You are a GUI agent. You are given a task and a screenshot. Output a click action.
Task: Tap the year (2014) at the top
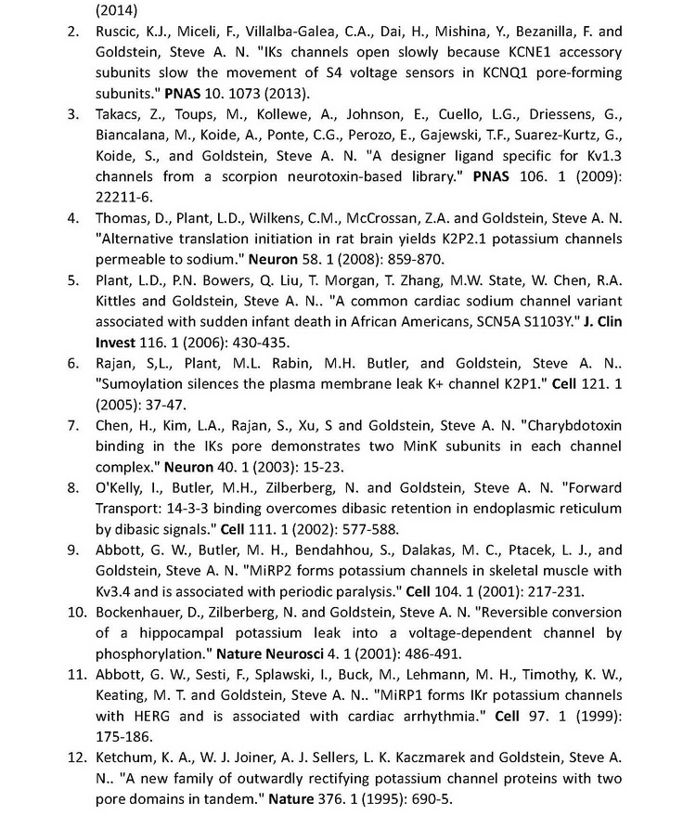click(x=117, y=11)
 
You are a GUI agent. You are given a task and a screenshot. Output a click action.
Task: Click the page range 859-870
click(x=416, y=259)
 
